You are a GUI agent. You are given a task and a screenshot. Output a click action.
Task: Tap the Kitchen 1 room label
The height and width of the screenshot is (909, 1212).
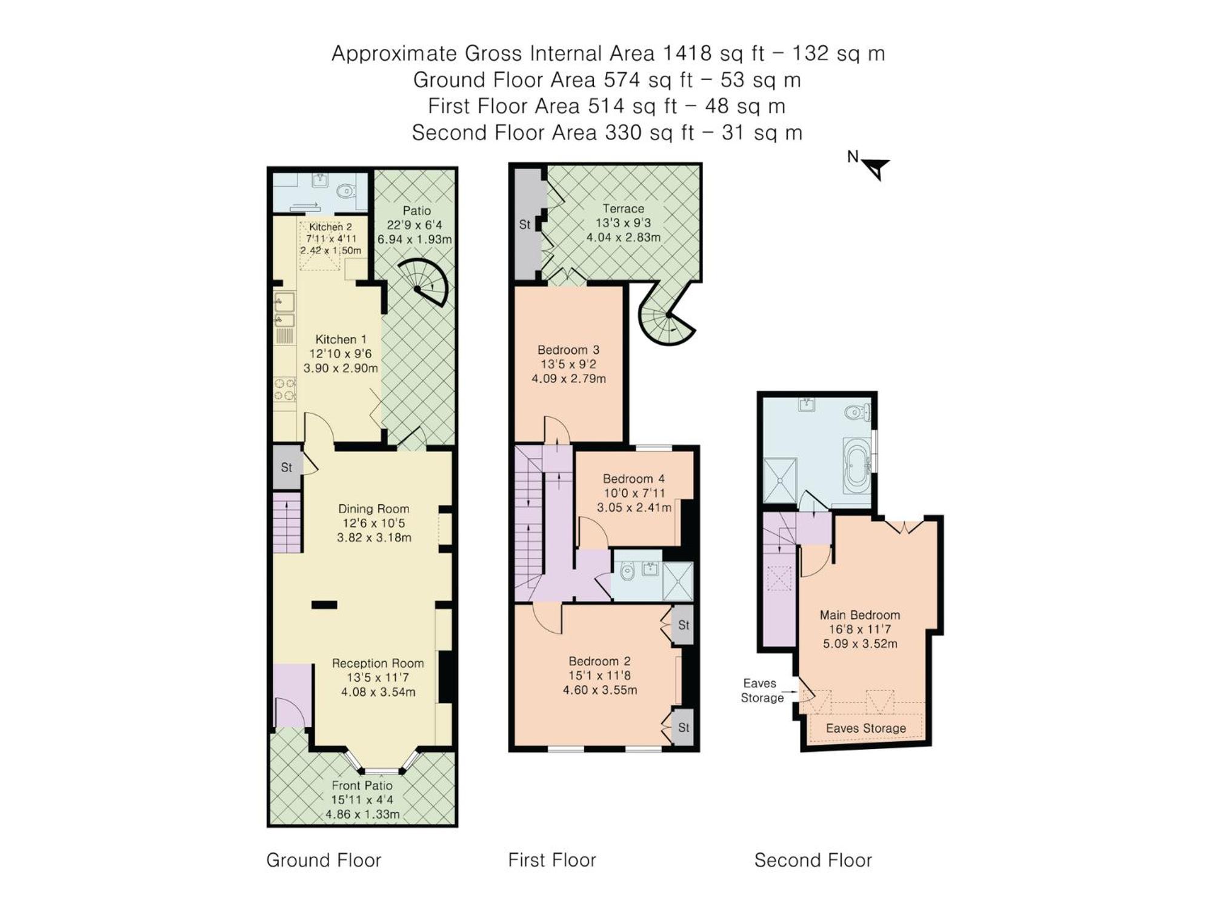coord(341,340)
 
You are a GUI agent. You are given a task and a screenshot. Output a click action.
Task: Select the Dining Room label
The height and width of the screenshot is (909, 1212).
coord(374,510)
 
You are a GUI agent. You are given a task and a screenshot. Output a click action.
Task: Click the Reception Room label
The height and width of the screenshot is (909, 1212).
coord(378,664)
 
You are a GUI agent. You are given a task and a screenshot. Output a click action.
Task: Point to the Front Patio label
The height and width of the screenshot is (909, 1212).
coord(362,786)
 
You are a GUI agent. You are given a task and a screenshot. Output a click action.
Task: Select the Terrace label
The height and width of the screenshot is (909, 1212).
coord(624,209)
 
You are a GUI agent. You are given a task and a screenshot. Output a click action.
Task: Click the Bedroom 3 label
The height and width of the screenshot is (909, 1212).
coord(568,350)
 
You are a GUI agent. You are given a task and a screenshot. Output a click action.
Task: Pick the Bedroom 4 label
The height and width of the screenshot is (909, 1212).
coord(634,479)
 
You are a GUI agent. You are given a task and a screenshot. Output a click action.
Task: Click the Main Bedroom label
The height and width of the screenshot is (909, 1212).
coord(860,615)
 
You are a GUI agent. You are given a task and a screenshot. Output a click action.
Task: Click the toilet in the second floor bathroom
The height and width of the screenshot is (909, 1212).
coord(857,412)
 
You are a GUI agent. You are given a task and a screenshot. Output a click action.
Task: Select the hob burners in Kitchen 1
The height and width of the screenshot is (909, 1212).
coord(285,389)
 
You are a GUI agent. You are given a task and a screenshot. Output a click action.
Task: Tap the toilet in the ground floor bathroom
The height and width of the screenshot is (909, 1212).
coord(344,191)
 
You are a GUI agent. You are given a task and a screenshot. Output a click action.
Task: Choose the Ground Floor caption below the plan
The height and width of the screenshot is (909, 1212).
coord(324,860)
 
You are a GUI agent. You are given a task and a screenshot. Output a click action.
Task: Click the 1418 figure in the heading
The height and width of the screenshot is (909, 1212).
coord(687,53)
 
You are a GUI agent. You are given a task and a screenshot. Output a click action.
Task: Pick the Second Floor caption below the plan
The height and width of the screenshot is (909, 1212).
coord(813,860)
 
